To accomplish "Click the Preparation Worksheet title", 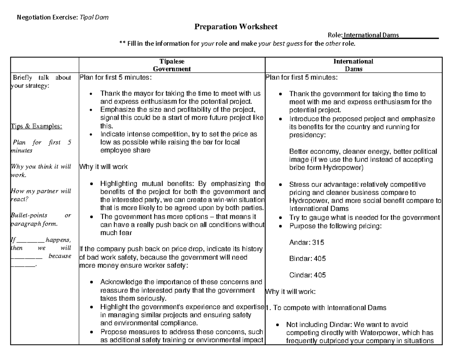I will pos(236,27).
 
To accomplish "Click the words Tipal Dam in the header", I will pos(94,17).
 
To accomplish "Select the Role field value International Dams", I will pos(371,35).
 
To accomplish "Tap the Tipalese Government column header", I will pos(172,65).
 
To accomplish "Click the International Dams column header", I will pos(353,65).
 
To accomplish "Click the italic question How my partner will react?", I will pos(41,195).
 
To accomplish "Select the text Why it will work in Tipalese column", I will pos(103,167).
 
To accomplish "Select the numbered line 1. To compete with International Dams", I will pos(326,308).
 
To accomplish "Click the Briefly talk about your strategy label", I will pos(41,81).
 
